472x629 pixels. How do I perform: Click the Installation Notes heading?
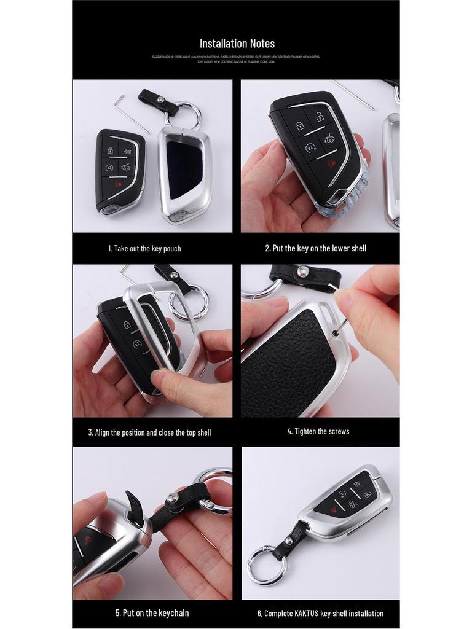coord(237,44)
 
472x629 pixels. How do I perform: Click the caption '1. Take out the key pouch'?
coord(144,249)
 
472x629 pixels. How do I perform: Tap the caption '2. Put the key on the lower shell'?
coord(315,248)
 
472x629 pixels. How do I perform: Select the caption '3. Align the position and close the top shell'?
coord(149,432)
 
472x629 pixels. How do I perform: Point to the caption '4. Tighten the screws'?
coord(318,431)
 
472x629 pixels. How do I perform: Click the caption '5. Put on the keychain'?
coord(152,612)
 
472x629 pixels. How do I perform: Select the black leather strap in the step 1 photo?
coord(157,101)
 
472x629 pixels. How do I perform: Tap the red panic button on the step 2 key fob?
coord(331,163)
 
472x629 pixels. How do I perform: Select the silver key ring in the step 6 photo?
coord(267,565)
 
